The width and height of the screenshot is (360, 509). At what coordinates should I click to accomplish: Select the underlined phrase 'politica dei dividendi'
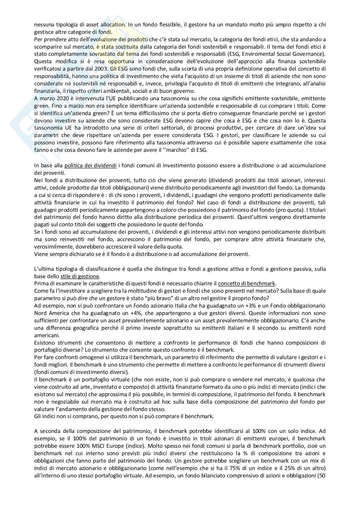click(x=91, y=165)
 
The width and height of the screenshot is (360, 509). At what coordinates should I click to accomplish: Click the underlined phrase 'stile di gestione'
click(x=80, y=276)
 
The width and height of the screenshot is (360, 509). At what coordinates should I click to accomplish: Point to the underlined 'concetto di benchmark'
click(x=246, y=283)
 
